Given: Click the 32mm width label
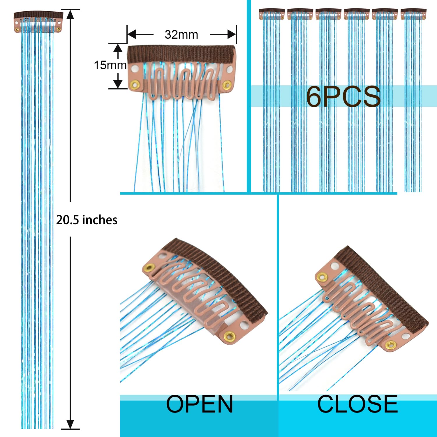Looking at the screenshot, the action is (181, 34).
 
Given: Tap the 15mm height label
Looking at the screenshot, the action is (110, 65).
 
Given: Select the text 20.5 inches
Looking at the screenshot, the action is (87, 220).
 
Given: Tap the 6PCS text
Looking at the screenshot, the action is (343, 96).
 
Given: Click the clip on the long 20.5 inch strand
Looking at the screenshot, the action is (38, 22).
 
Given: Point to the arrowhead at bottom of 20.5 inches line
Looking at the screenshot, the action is (70, 424).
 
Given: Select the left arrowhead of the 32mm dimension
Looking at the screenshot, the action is (132, 34).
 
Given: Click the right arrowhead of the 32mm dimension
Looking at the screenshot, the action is (232, 34).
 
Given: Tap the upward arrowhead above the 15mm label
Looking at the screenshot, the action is (118, 48).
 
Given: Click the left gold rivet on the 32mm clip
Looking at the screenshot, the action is (135, 85).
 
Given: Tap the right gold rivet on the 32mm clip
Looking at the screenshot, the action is (226, 85).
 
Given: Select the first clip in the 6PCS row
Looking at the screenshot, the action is (272, 14).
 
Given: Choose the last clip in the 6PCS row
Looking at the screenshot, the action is (413, 14).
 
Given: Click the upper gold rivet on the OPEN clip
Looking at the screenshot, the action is (150, 267).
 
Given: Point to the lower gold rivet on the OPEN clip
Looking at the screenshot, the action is (230, 336).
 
